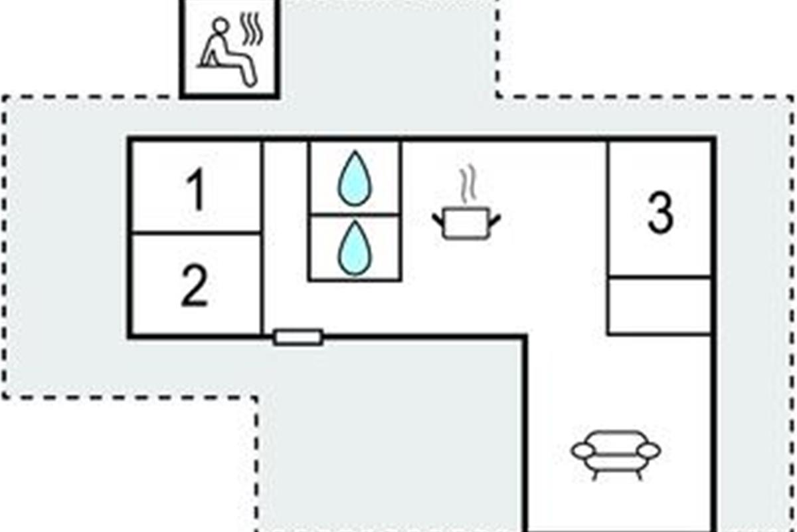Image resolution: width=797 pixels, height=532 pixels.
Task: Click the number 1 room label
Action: coord(195,191)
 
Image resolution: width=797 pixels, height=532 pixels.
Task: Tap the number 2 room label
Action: coord(194,287)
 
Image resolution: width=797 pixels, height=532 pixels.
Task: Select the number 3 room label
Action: coord(660,213)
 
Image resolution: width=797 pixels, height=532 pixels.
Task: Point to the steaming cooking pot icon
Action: coord(466,221)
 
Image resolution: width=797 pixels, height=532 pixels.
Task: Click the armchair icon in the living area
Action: coord(616,453)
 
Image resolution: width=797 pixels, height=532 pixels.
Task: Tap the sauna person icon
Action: coord(224,53)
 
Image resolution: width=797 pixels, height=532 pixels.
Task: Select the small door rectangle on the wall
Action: coord(298,337)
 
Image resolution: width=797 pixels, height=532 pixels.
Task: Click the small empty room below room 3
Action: coord(660,305)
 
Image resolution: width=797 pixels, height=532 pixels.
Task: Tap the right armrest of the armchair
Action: coord(649,451)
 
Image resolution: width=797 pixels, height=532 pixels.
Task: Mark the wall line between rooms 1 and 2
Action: coord(195,233)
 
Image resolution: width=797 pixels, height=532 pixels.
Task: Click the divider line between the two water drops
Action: coord(354,214)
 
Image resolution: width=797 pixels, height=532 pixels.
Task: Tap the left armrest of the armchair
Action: coord(582,451)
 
